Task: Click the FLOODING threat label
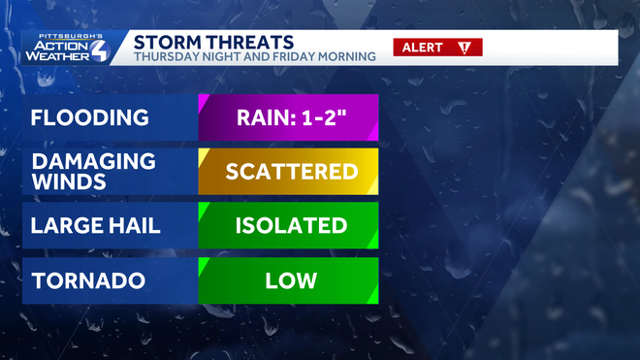tap(90, 118)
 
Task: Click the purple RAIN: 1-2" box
tap(288, 118)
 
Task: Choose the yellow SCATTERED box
tap(288, 172)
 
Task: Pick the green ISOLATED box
tap(288, 226)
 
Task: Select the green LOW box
tap(288, 280)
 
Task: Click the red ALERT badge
tap(436, 48)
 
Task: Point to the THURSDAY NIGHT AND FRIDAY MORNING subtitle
tap(254, 57)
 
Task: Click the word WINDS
tap(65, 182)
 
